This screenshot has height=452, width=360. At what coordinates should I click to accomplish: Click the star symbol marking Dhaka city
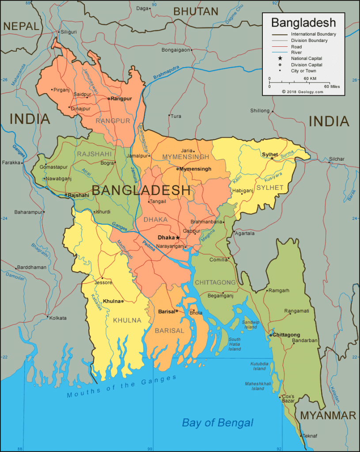point(178,237)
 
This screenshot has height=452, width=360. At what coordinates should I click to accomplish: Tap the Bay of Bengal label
point(218,423)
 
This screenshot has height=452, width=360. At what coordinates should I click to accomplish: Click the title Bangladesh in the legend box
point(303,23)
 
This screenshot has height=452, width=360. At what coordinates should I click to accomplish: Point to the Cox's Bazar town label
point(288,398)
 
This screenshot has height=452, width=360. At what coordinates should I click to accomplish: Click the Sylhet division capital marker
point(272,158)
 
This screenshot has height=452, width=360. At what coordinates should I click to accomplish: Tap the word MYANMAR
point(328,415)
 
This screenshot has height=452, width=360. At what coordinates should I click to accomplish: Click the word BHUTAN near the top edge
point(196,11)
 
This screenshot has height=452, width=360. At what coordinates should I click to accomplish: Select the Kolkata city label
point(58,318)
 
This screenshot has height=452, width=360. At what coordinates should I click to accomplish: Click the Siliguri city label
point(68,32)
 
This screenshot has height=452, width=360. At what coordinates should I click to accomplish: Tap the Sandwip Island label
point(250,324)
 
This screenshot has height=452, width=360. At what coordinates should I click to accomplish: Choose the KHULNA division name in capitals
point(127,320)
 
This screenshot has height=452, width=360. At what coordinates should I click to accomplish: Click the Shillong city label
point(260,111)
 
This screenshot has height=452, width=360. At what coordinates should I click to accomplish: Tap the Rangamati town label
point(296,311)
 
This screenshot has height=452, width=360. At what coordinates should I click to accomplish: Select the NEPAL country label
point(21,26)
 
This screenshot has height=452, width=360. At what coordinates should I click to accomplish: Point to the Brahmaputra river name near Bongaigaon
point(166,72)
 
